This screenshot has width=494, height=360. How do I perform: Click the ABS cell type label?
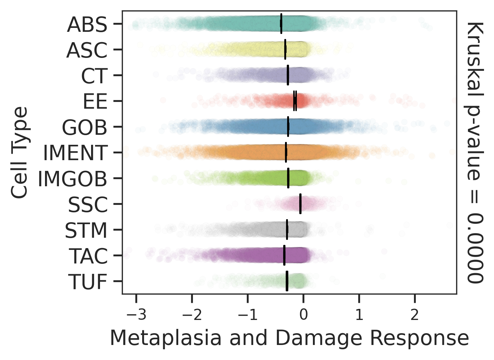point(87,25)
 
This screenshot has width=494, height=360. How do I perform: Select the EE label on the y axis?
point(95,102)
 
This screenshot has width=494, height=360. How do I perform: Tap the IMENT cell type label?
point(75,153)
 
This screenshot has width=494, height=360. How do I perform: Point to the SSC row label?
point(88,204)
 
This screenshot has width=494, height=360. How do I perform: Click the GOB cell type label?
point(85,127)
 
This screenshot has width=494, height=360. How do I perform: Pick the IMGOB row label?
point(73,179)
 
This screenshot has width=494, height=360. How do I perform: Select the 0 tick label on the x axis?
point(303,315)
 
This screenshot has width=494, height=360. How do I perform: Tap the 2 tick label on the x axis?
point(415,315)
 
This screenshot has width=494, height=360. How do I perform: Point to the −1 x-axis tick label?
point(247,315)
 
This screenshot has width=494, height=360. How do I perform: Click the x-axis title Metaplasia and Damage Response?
point(289,338)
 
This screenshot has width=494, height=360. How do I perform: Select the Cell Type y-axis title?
point(19,152)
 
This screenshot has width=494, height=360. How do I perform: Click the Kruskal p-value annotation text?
point(475,152)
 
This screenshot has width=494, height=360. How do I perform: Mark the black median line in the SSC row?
point(300,204)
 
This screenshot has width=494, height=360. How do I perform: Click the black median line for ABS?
point(281,24)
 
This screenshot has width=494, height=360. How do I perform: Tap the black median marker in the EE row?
point(295,101)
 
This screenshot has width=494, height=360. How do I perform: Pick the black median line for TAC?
point(284,255)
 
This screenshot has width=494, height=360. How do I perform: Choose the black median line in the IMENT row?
point(286,152)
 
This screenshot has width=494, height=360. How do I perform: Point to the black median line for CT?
point(288,75)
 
